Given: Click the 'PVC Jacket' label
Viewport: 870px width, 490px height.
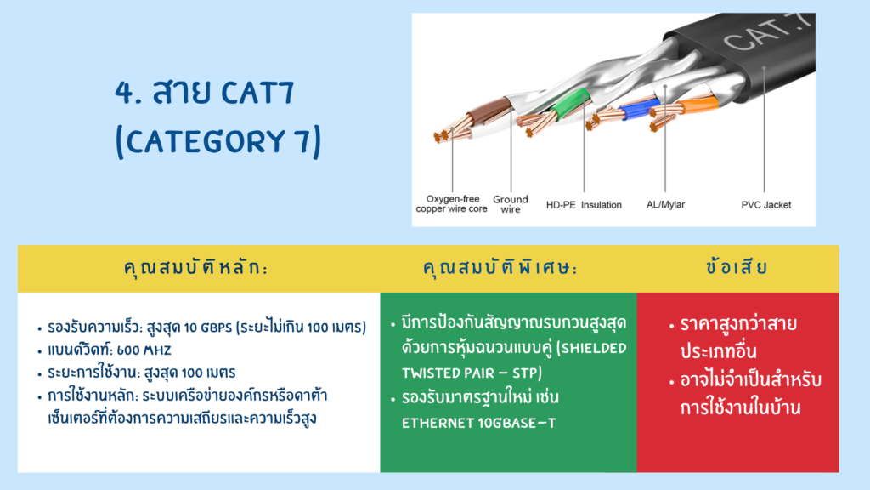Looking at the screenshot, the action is [765, 205].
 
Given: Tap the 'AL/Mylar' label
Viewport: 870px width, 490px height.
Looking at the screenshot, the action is [665, 204].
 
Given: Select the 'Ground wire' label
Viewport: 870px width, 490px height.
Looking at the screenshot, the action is [511, 204].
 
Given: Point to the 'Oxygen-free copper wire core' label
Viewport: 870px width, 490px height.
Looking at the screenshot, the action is [452, 204].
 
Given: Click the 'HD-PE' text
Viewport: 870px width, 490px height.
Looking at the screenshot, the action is [561, 205].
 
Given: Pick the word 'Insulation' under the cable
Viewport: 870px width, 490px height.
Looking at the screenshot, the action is [602, 205].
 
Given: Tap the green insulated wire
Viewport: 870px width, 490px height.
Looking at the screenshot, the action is [572, 103].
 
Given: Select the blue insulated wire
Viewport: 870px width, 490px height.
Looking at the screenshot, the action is [639, 108].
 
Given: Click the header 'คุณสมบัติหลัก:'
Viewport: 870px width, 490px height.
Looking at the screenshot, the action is [195, 268].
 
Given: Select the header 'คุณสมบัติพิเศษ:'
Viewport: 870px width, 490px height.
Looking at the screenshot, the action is [500, 268].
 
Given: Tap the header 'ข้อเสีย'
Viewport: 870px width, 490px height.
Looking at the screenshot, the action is [737, 267].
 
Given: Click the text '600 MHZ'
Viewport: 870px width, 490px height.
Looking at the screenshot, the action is [144, 350].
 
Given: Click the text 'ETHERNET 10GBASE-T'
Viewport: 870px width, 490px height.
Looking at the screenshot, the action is [478, 424].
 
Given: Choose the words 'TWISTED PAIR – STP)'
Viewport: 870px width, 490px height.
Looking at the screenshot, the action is [472, 373].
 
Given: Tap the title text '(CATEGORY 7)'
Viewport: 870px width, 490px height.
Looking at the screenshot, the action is [218, 141].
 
